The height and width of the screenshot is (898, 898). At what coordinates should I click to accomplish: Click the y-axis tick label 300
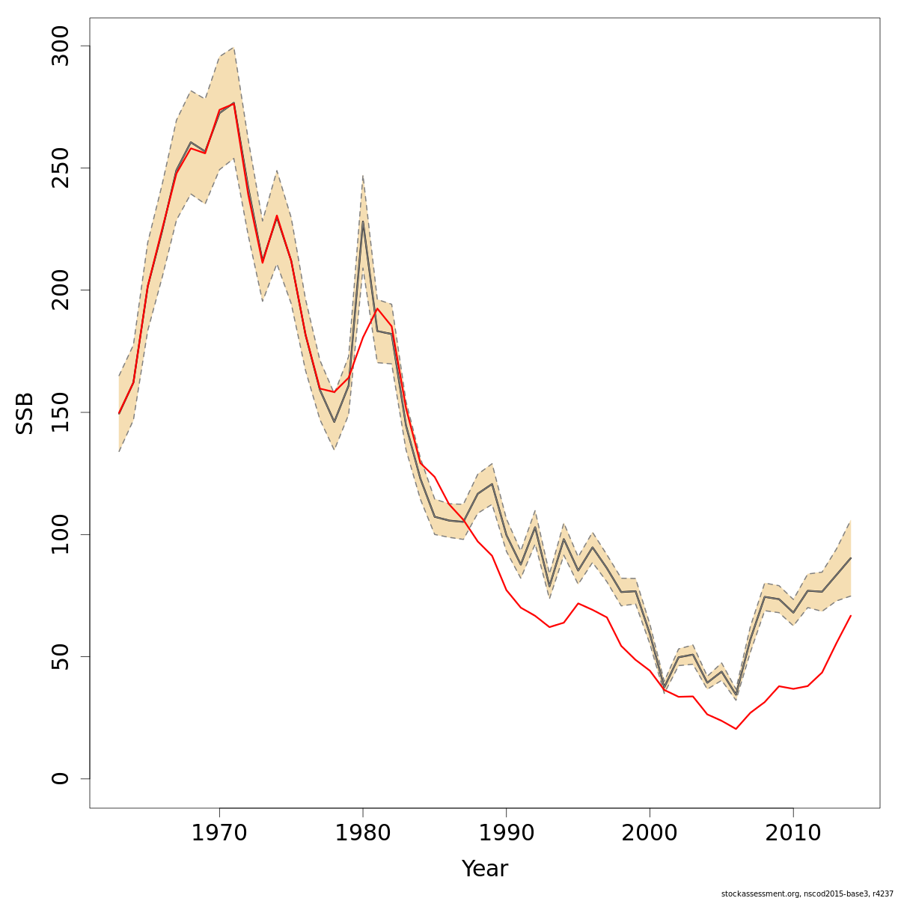pos(59,46)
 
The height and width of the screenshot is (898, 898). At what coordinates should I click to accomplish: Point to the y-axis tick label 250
pos(59,168)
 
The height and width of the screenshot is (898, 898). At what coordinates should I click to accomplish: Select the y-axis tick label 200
pos(59,290)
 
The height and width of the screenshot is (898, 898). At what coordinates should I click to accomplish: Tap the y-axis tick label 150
pos(59,412)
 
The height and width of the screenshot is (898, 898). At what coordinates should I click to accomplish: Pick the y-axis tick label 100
pos(59,534)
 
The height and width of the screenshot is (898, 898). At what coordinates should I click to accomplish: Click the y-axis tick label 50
pos(59,656)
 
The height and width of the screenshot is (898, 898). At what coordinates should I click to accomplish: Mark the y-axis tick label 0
pos(59,778)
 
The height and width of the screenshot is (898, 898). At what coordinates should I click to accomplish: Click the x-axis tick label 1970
pos(219,833)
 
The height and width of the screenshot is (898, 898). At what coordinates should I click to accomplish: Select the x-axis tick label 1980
pos(363,833)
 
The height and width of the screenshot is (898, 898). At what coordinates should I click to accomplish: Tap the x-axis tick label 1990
pos(507,833)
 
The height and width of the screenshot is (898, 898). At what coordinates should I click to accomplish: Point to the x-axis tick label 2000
pos(650,833)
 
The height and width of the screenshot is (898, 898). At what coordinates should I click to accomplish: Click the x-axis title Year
pos(485,869)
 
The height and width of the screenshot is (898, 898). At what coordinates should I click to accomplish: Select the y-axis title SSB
pos(25,413)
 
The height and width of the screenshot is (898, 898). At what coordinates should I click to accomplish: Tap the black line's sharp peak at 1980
pos(363,222)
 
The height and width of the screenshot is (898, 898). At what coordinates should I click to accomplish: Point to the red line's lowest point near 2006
pos(736,729)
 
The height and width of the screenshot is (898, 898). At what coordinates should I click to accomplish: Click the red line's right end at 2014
pos(851,615)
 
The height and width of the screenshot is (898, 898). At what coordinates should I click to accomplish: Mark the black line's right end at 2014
pos(851,558)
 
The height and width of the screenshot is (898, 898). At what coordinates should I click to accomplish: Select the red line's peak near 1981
pos(377,308)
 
